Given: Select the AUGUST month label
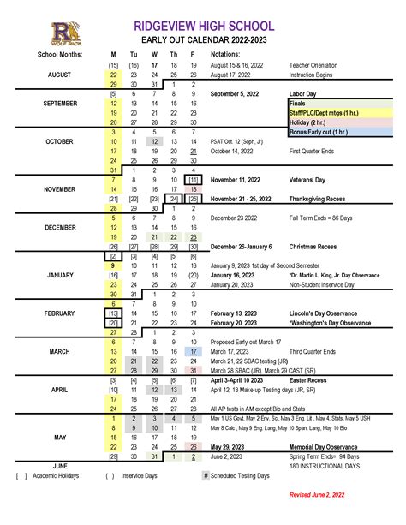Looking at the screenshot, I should point(59,75).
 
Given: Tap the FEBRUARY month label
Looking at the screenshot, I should point(59,313).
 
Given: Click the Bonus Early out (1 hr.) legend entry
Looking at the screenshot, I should point(319,132).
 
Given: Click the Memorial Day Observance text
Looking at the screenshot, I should point(323,446).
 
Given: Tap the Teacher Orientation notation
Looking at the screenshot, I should point(314,65).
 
